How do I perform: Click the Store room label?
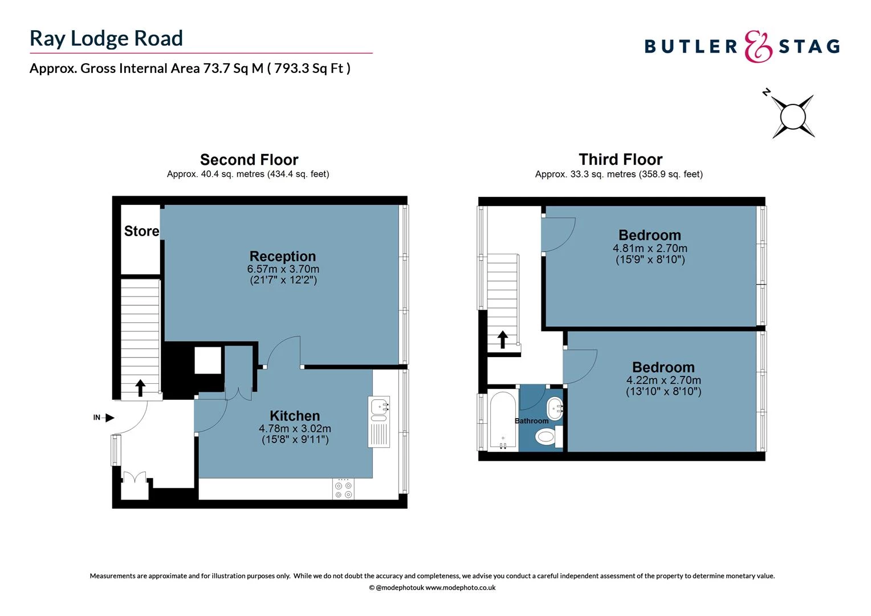141,231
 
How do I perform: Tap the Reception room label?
283,256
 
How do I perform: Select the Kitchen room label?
295,416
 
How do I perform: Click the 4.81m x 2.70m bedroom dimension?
650,249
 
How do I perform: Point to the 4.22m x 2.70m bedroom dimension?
664,380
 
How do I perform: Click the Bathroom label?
531,421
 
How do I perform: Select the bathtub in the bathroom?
503,421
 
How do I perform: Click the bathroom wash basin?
555,408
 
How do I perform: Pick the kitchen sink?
379,407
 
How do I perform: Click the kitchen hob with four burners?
343,489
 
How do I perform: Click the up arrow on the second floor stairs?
140,388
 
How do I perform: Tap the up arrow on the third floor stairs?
503,339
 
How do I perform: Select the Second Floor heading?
249,160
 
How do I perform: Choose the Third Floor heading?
620,159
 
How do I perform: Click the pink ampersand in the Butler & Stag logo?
758,46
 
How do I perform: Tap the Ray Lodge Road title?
107,38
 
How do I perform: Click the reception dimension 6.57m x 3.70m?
283,269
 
